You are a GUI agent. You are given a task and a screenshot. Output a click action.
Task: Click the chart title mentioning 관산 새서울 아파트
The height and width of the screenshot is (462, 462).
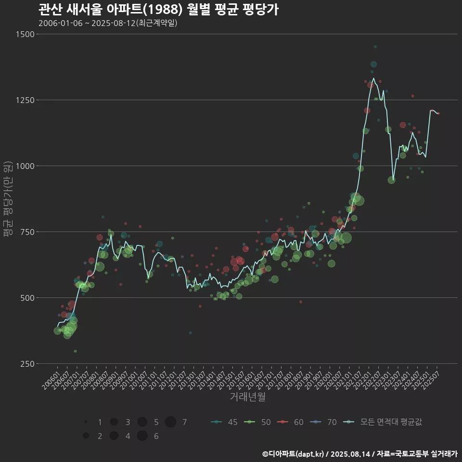pos(158,10)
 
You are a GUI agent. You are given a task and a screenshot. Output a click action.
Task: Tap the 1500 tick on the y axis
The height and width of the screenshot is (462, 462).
pos(25,34)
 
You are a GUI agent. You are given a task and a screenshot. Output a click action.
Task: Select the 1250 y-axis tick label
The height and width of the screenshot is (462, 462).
pos(25,100)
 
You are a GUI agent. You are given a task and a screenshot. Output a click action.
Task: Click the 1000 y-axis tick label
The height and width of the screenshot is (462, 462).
pos(25,166)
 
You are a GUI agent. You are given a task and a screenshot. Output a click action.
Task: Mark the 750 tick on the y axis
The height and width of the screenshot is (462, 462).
pos(26,232)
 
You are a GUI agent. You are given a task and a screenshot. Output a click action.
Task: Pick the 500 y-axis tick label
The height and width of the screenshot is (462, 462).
pos(26,298)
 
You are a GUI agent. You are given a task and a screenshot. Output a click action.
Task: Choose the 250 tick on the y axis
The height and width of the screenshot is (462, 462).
pos(26,364)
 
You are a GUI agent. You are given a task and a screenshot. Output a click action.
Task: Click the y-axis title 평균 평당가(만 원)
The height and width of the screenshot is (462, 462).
pos(8,199)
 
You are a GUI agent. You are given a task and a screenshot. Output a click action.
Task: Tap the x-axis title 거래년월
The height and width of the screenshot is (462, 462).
pos(247,397)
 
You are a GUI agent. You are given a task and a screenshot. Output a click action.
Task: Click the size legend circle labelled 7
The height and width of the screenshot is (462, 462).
pos(170,422)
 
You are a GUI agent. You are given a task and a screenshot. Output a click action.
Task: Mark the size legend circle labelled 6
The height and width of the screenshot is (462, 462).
pos(142,436)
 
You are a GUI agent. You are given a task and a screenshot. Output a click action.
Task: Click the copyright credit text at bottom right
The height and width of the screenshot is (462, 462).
pos(359,454)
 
